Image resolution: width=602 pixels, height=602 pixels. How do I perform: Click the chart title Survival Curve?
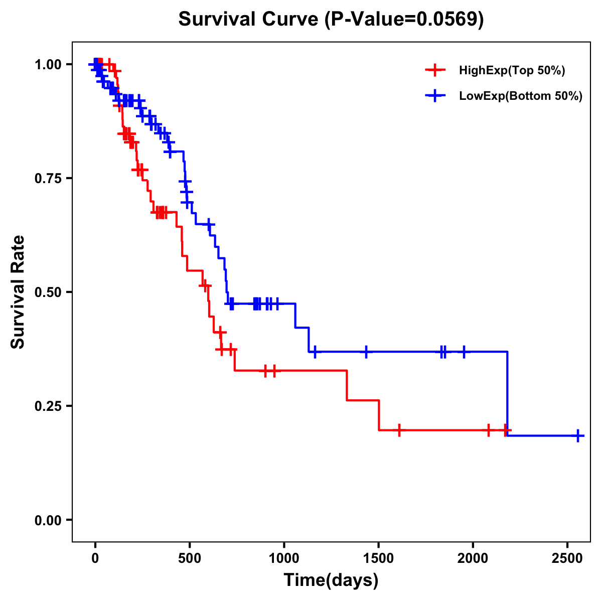click(x=248, y=20)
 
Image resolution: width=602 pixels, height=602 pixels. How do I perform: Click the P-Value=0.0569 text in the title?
click(x=404, y=20)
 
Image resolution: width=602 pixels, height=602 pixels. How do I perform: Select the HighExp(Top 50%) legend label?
click(x=512, y=71)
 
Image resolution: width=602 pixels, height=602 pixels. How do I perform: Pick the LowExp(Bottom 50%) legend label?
click(x=521, y=96)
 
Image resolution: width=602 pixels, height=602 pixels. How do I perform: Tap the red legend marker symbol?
click(x=435, y=70)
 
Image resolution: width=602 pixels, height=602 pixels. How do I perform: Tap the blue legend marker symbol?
click(x=435, y=96)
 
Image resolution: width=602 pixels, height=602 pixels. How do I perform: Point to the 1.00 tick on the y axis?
click(x=48, y=65)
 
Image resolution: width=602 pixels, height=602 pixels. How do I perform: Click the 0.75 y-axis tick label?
click(x=48, y=179)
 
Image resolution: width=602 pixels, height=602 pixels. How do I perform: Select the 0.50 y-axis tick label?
click(x=48, y=292)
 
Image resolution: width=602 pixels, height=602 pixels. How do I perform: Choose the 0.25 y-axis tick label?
click(x=48, y=406)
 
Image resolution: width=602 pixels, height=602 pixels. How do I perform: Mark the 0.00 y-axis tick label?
click(x=48, y=520)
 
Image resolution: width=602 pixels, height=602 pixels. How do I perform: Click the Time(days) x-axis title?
click(x=331, y=580)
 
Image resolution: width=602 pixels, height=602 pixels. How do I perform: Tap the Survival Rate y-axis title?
click(x=18, y=292)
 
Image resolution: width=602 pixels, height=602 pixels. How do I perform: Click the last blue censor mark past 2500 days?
click(x=578, y=435)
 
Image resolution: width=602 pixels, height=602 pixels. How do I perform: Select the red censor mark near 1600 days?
click(x=399, y=430)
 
